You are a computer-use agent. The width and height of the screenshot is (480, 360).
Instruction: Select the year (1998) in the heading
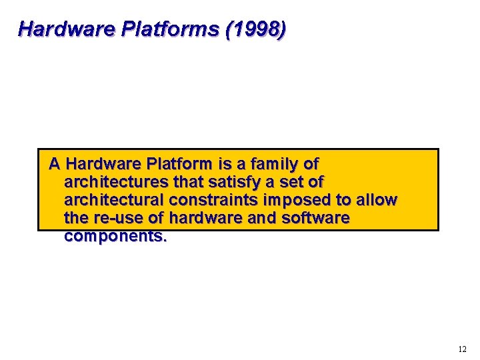coord(250,29)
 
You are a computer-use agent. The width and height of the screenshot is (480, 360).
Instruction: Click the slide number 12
coord(463,349)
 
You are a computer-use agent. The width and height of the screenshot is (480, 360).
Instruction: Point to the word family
coord(270,163)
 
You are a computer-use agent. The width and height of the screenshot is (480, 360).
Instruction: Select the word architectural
coord(114,200)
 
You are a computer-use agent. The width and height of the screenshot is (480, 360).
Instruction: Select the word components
coord(115,237)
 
